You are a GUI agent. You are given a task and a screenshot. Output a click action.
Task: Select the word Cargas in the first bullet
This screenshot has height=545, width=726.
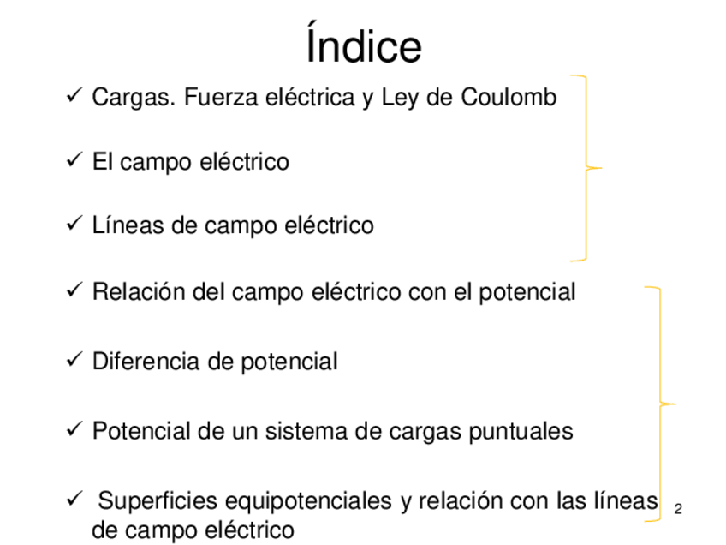click(x=123, y=98)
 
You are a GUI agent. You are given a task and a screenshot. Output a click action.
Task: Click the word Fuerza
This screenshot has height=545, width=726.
click(x=218, y=98)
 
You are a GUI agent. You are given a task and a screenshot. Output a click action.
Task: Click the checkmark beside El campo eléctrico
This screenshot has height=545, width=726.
click(x=73, y=160)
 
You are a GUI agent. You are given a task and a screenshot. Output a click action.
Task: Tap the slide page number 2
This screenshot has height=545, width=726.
click(x=678, y=510)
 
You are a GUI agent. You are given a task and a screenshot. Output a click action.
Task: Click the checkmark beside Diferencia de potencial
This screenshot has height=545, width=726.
click(x=73, y=361)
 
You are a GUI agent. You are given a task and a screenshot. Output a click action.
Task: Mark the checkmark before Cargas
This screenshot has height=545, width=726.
click(x=73, y=97)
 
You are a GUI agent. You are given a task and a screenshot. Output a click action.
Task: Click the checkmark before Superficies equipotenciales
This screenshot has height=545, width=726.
click(x=73, y=500)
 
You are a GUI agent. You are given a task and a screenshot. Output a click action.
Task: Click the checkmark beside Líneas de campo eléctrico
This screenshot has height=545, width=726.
click(x=73, y=225)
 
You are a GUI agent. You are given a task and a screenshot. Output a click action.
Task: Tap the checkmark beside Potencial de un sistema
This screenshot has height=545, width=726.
click(x=73, y=429)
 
